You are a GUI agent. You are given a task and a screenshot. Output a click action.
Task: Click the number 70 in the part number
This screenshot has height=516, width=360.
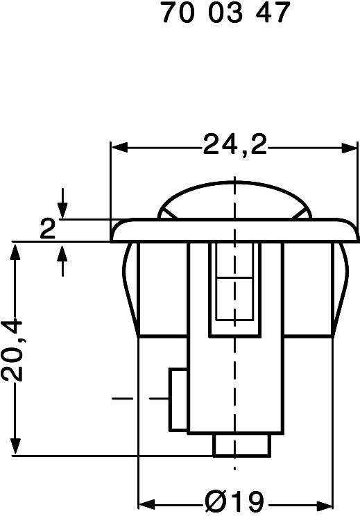176,13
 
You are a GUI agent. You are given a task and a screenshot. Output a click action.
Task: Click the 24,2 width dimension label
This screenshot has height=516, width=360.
234,146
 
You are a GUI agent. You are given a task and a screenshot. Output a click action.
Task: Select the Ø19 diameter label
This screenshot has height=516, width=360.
234,500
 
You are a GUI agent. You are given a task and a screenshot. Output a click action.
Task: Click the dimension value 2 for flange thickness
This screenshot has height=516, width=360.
47,230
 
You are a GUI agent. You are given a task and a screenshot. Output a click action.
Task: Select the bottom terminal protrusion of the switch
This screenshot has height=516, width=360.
241,444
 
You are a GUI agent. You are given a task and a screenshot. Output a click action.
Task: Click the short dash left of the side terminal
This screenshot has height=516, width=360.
123,399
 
